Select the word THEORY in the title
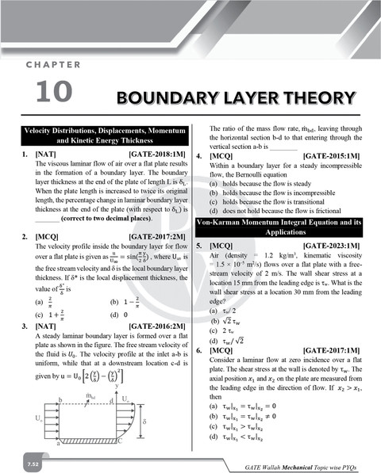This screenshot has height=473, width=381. coord(317,98)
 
